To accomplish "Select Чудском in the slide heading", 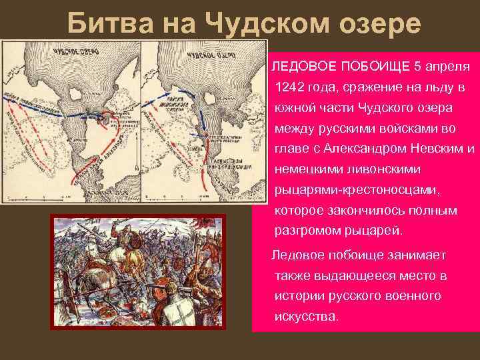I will (267, 25).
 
